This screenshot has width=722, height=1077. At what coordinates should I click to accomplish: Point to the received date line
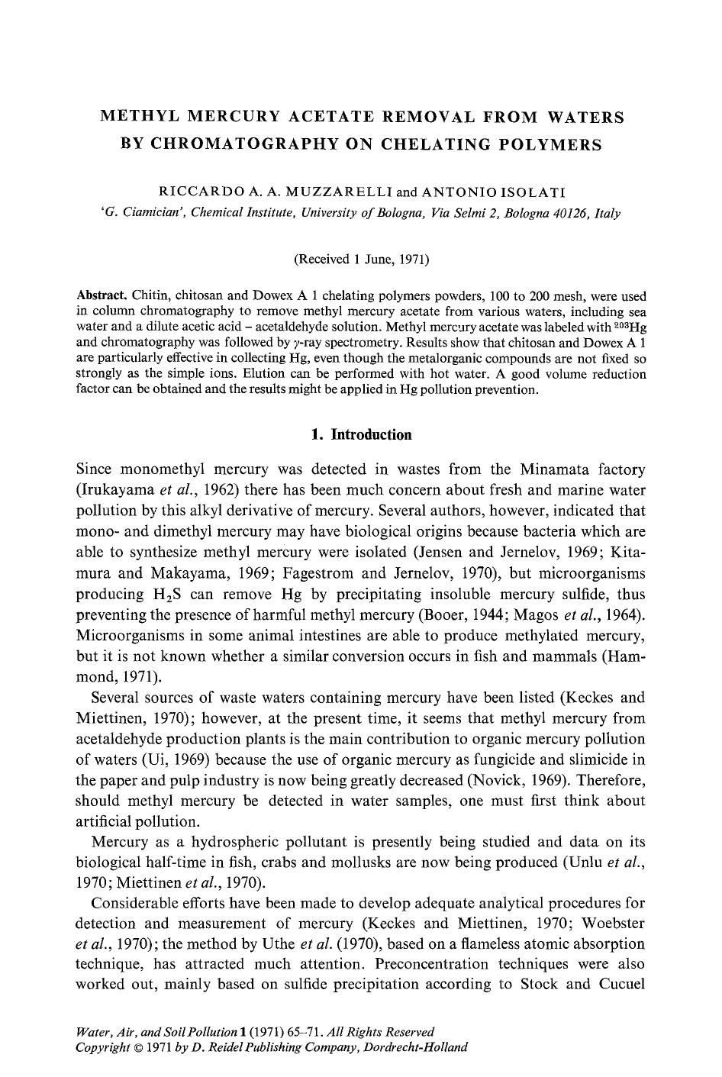pyautogui.click(x=361, y=260)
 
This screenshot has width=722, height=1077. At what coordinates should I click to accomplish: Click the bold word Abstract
pyautogui.click(x=102, y=295)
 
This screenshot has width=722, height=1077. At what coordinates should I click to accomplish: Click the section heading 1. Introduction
pyautogui.click(x=361, y=435)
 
